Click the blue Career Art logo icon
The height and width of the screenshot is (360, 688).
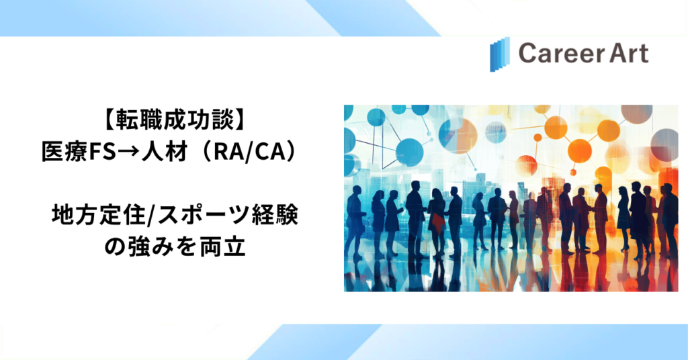point(500,54)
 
